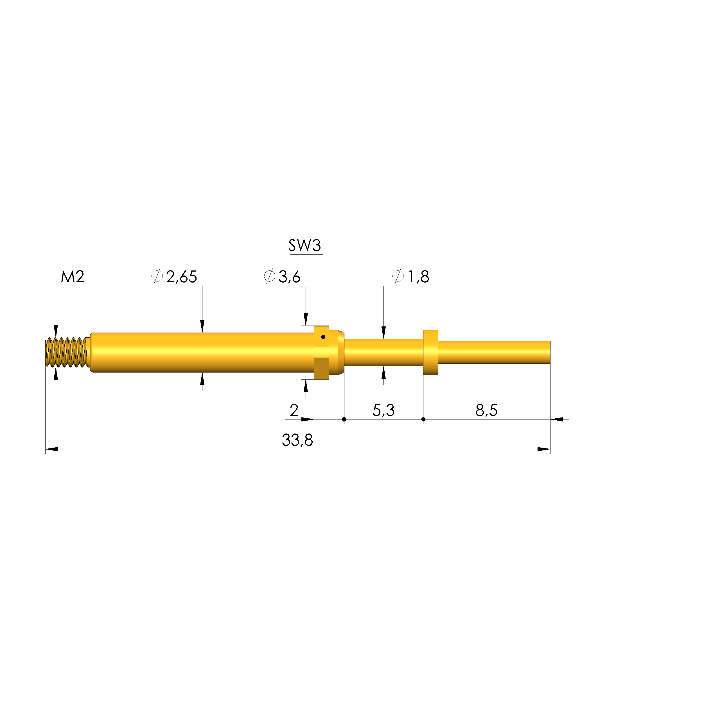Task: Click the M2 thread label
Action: tap(73, 277)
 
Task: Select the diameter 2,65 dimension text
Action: tap(174, 277)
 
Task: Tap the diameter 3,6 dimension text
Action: tap(282, 277)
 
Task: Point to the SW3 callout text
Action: tap(305, 246)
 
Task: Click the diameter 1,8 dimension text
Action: tap(411, 277)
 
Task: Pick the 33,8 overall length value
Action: tap(297, 440)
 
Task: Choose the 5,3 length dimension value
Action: tap(383, 410)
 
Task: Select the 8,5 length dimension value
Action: tap(486, 410)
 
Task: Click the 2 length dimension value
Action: tap(294, 410)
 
